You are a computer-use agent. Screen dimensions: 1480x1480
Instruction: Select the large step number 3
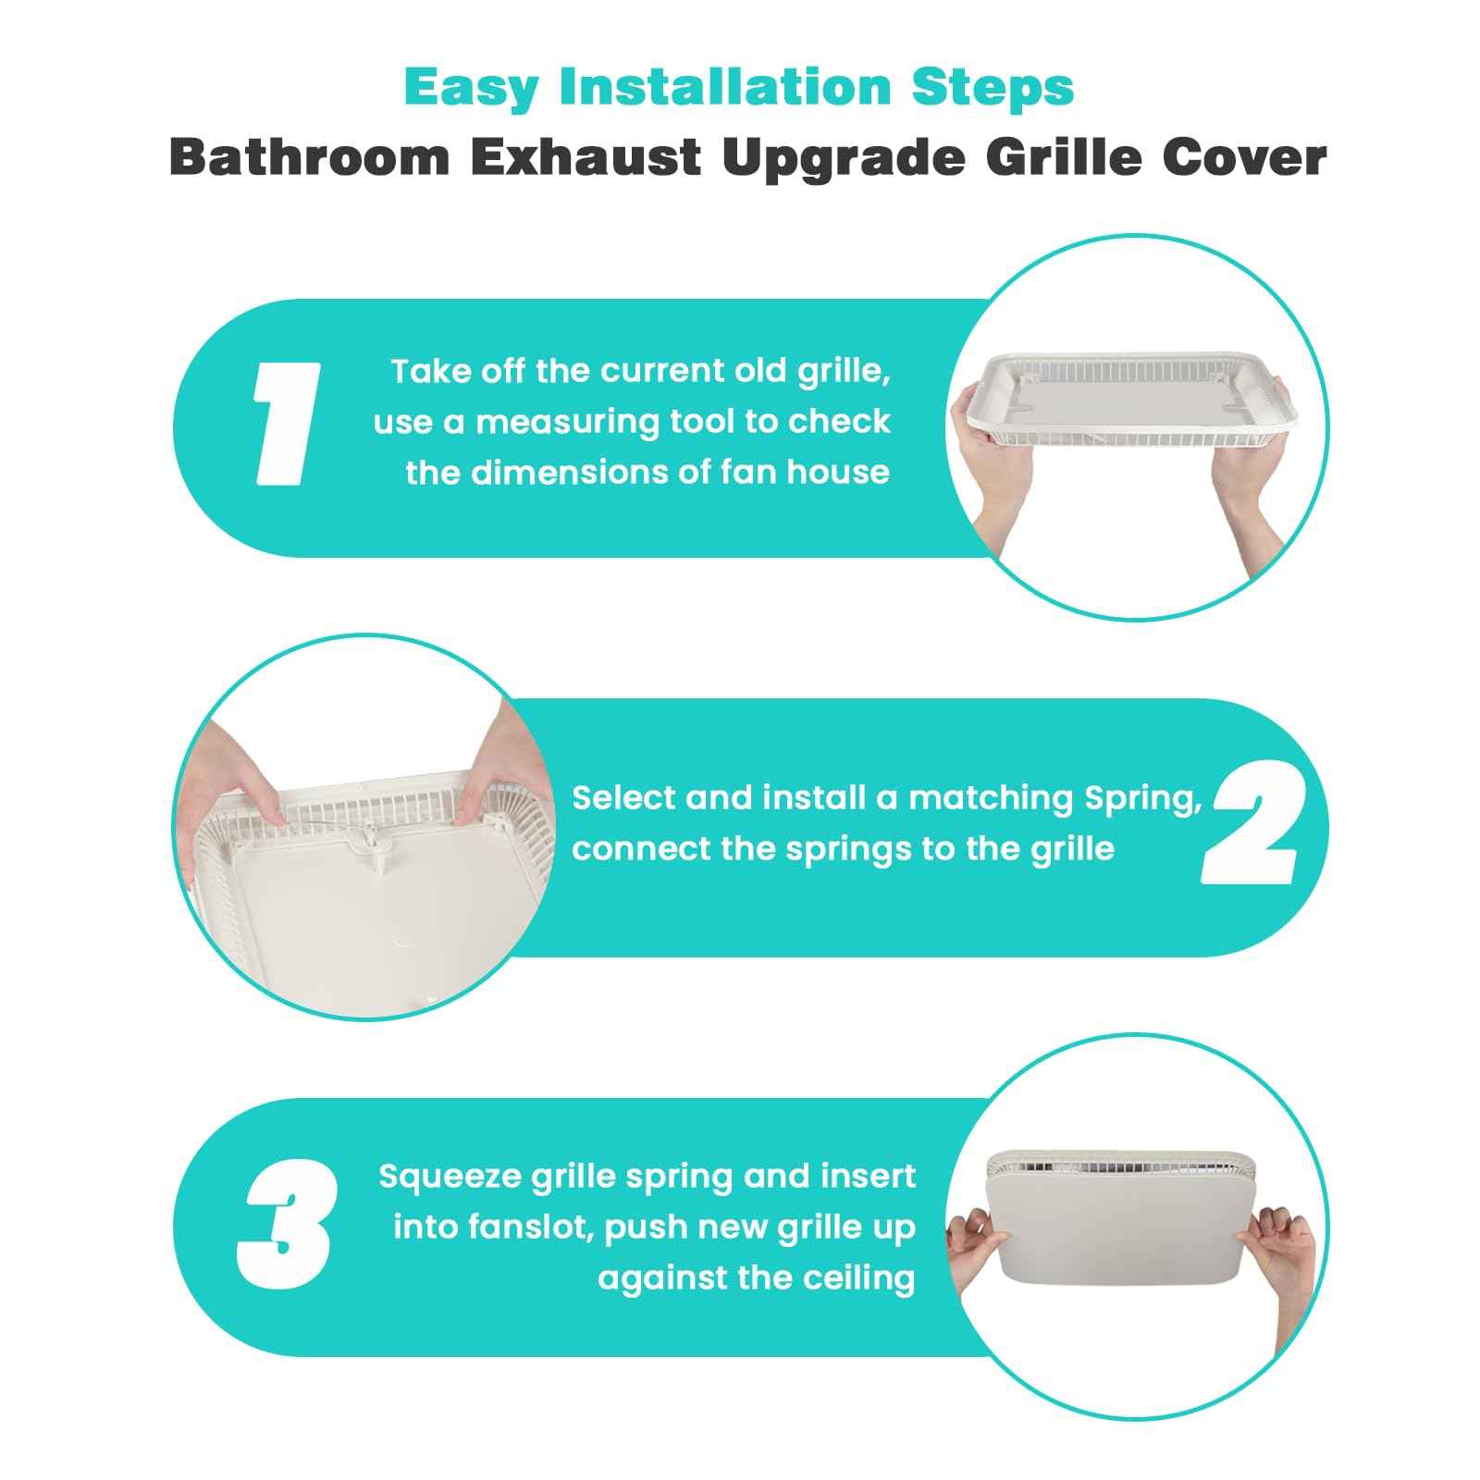tap(285, 1225)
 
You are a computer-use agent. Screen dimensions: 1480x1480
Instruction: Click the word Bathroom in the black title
tap(308, 157)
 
